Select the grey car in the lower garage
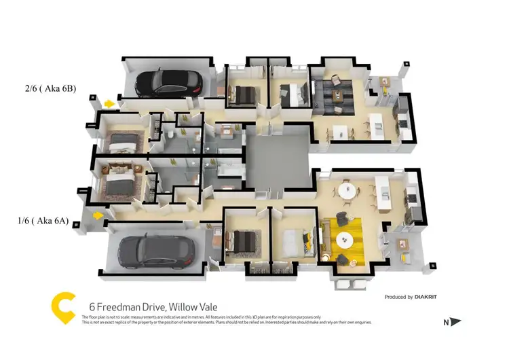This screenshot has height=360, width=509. [x=157, y=251]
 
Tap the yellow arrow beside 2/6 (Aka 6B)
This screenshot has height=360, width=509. [x=109, y=103]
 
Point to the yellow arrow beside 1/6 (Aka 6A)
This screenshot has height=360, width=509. [x=98, y=215]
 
